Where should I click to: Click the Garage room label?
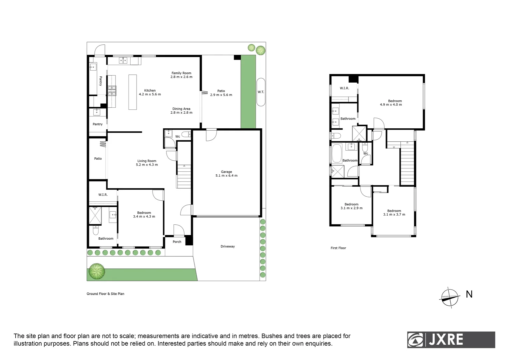(226, 174)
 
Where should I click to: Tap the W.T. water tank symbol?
(261, 92)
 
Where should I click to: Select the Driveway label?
(228, 246)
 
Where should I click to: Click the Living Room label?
(147, 163)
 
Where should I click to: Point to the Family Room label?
(181, 75)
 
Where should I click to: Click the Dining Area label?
(181, 111)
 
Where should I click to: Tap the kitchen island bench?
(133, 92)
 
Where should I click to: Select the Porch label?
(177, 242)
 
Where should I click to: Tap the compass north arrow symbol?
(449, 297)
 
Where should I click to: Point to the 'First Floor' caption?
(338, 248)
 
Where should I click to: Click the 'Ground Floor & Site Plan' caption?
(105, 294)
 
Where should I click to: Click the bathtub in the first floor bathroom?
(336, 153)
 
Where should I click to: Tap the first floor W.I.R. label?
(344, 88)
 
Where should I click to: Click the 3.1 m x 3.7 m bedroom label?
(394, 213)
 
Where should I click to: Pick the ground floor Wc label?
(178, 137)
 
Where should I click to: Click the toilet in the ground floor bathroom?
(96, 230)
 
